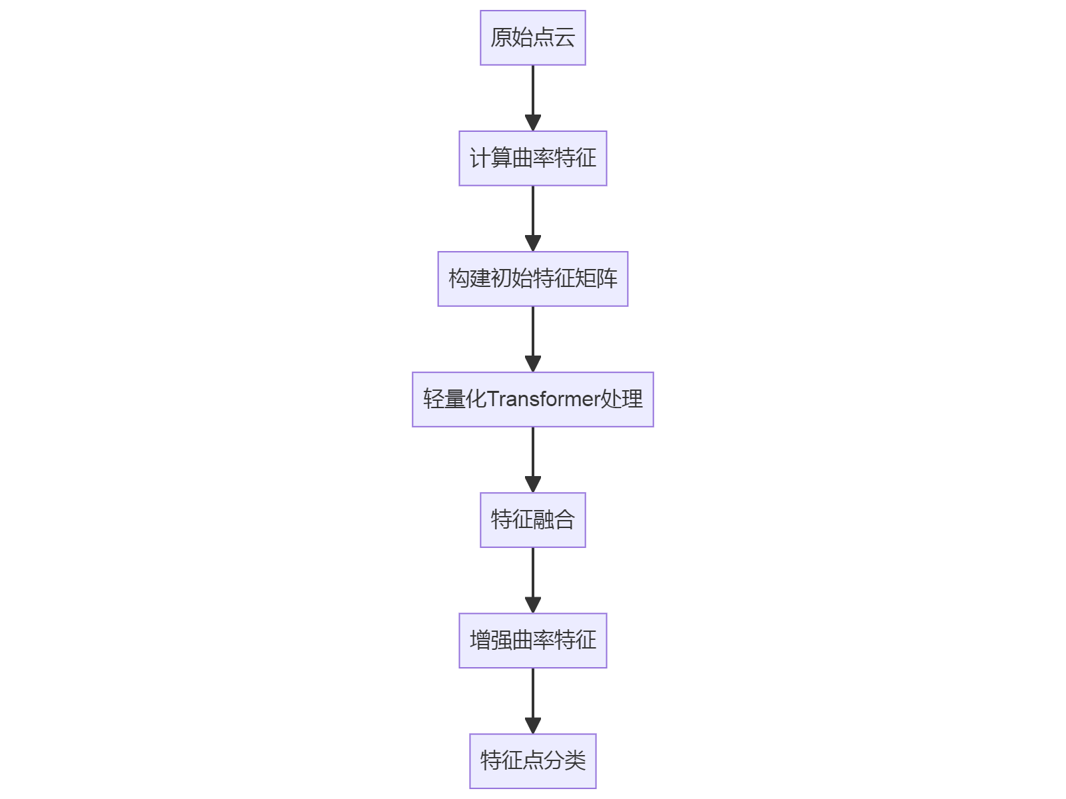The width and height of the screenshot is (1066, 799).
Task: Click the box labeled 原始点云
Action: [532, 38]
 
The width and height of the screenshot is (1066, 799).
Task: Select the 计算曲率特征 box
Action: [532, 158]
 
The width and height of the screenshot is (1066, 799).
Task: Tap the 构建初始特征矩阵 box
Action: [532, 279]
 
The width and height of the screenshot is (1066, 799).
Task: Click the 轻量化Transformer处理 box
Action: [532, 400]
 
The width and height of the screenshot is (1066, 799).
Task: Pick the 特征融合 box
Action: [532, 520]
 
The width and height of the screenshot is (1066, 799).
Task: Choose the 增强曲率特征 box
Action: [532, 641]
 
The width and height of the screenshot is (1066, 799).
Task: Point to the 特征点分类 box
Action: [532, 761]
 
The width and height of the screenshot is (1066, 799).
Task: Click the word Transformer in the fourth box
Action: [544, 400]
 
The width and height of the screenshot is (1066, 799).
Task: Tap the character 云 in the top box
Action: [565, 38]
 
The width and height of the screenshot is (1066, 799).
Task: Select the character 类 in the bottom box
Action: [576, 761]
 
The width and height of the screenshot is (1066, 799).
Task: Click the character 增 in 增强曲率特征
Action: [480, 641]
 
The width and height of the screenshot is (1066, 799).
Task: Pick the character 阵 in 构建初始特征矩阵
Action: [608, 279]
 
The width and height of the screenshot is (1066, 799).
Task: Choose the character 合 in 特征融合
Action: [565, 520]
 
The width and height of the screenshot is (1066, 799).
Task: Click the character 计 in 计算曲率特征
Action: [480, 158]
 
